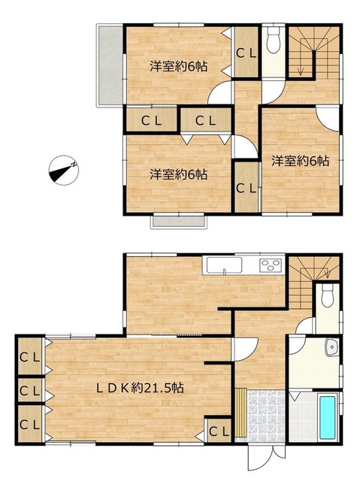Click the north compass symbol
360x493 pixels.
pyautogui.click(x=64, y=170)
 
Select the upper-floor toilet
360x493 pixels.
pyautogui.click(x=274, y=40)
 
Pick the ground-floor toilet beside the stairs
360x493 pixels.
pyautogui.click(x=328, y=295)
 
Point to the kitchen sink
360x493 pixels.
pyautogui.click(x=224, y=265)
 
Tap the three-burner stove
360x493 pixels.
pyautogui.click(x=271, y=265)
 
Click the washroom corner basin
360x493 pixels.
pyautogui.click(x=332, y=346)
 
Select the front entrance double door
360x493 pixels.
pyautogui.click(x=267, y=458)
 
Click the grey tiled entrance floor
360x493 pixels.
pyautogui.click(x=266, y=416)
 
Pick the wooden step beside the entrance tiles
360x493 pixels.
pyautogui.click(x=241, y=413)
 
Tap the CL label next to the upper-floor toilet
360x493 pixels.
pyautogui.click(x=247, y=54)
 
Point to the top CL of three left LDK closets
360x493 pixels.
pyautogui.click(x=30, y=357)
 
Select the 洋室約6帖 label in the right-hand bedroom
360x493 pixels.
pyautogui.click(x=301, y=161)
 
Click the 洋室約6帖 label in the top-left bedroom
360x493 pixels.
pyautogui.click(x=178, y=66)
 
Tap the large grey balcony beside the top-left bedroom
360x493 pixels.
pyautogui.click(x=110, y=65)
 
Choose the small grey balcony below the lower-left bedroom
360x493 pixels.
pyautogui.click(x=179, y=222)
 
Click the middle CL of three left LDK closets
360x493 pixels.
pyautogui.click(x=30, y=391)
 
